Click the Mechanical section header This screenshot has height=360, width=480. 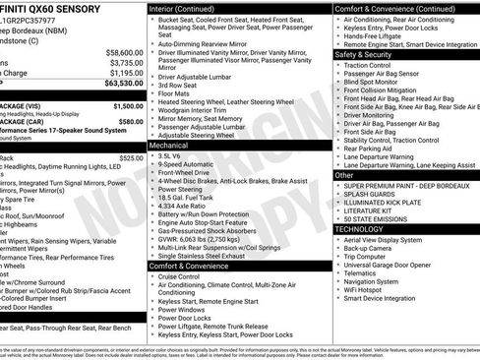169,145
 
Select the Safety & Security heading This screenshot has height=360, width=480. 364,55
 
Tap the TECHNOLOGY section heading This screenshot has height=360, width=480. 360,228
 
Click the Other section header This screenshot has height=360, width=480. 343,175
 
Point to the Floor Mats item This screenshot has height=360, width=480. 178,92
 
